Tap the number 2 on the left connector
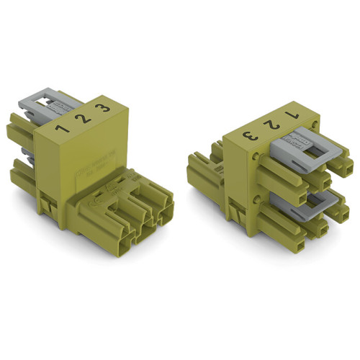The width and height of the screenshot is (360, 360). (86, 118)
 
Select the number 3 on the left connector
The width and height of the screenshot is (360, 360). (107, 109)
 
